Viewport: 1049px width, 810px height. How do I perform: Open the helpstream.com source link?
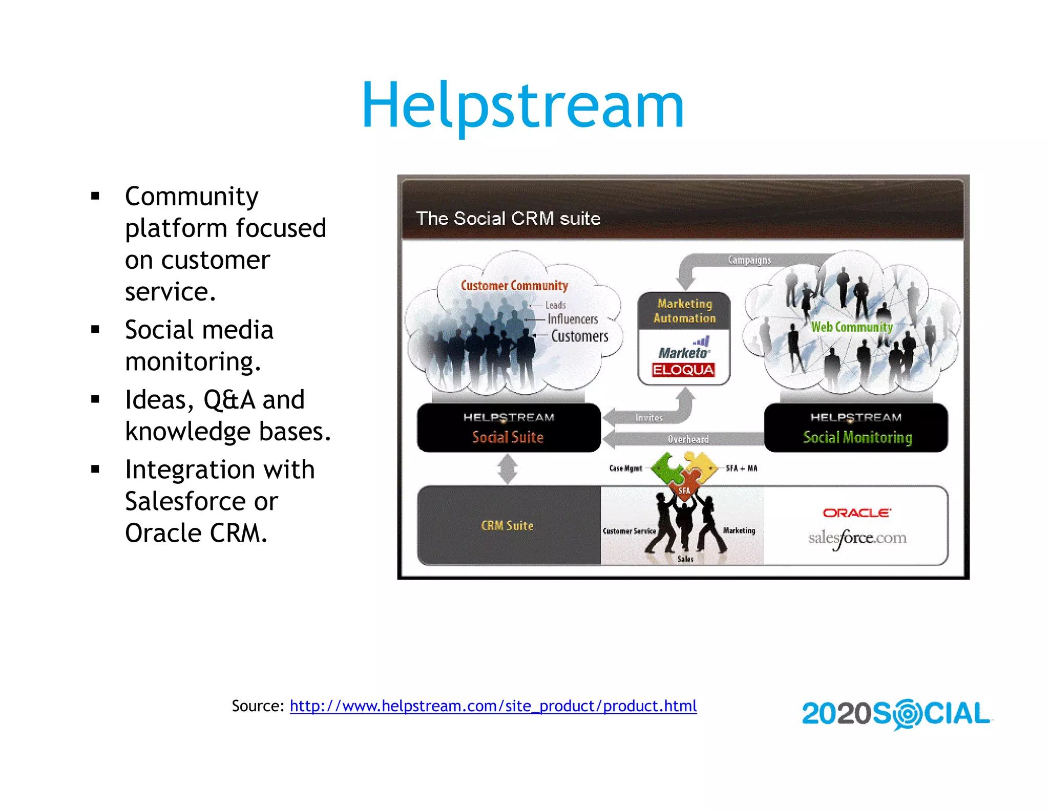(x=493, y=706)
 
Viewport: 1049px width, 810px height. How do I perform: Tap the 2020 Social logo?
(x=896, y=714)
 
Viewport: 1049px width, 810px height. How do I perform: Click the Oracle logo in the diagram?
(x=856, y=513)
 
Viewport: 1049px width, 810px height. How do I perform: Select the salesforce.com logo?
(x=857, y=538)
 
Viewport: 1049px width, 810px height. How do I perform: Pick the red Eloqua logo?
(x=683, y=370)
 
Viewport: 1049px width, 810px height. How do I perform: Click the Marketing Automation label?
(x=684, y=311)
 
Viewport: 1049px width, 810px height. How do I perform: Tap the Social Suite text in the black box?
(x=508, y=437)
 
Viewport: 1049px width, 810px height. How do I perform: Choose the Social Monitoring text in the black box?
(x=857, y=437)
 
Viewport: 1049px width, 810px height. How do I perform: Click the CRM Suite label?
(x=507, y=526)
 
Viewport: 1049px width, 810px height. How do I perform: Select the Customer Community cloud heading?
(x=514, y=286)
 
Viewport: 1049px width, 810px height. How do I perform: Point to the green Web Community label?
(x=851, y=327)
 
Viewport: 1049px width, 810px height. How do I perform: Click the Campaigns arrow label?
(x=749, y=260)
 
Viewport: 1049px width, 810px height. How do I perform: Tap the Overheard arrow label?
(x=688, y=439)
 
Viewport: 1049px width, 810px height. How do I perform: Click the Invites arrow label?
(x=649, y=418)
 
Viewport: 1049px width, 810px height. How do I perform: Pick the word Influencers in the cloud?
(x=573, y=319)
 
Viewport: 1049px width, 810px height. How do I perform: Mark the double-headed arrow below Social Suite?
(x=508, y=469)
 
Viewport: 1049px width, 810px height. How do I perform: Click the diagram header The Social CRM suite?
(x=508, y=219)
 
